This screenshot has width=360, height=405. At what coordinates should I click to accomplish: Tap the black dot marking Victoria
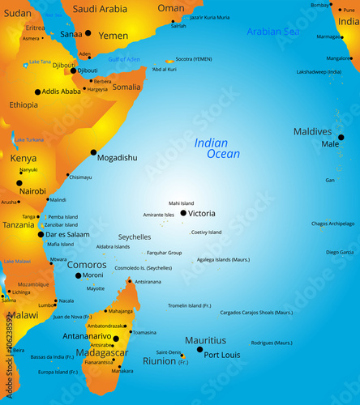point(183,213)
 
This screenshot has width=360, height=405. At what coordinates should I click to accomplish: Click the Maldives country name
point(312,131)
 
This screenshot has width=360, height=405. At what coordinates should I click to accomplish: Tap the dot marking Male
point(341,137)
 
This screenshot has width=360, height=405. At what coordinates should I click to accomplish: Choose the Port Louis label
point(222,355)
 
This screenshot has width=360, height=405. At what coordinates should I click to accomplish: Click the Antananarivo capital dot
point(116,339)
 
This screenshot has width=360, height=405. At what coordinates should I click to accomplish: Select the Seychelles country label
point(135,237)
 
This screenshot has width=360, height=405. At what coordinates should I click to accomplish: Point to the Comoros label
point(87,265)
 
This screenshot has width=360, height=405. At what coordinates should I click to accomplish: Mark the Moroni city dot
point(78,275)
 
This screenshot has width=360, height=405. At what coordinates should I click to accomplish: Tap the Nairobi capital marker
point(19,183)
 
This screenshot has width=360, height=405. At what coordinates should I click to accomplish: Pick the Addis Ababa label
point(62,92)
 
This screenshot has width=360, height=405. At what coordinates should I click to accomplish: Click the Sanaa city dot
point(88,34)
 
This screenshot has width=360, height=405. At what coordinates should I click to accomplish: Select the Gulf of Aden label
point(124,59)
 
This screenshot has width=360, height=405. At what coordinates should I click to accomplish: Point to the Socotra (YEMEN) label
point(194,59)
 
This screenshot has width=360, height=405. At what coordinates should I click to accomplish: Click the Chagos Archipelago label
point(332,224)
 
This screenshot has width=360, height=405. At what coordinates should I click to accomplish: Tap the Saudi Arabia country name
point(100,9)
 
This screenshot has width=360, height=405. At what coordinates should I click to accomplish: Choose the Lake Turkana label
point(29,139)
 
